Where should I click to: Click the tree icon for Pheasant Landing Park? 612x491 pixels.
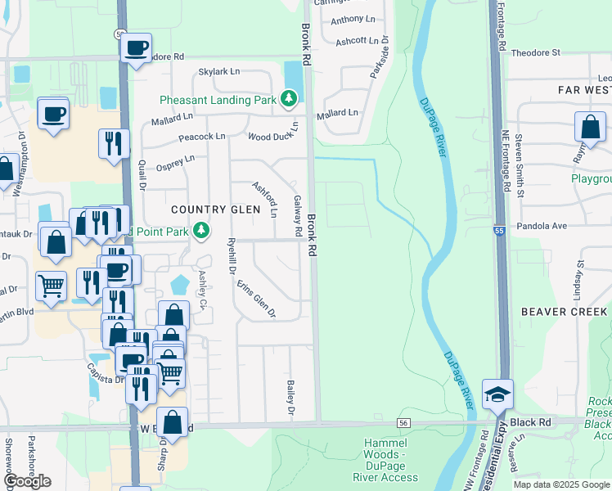tap(288, 100)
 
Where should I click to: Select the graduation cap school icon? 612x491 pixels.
tap(497, 394)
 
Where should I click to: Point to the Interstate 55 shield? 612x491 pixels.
tap(498, 232)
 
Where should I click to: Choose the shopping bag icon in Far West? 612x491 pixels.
tap(590, 128)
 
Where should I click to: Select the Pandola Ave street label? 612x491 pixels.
tap(541, 226)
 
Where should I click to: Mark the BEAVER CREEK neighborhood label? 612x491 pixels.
tap(564, 312)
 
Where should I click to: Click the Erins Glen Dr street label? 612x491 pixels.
tap(256, 300)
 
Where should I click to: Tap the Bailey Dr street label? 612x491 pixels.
tap(290, 396)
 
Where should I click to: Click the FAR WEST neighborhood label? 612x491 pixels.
tap(583, 89)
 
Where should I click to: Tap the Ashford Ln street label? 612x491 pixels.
tap(264, 199)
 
